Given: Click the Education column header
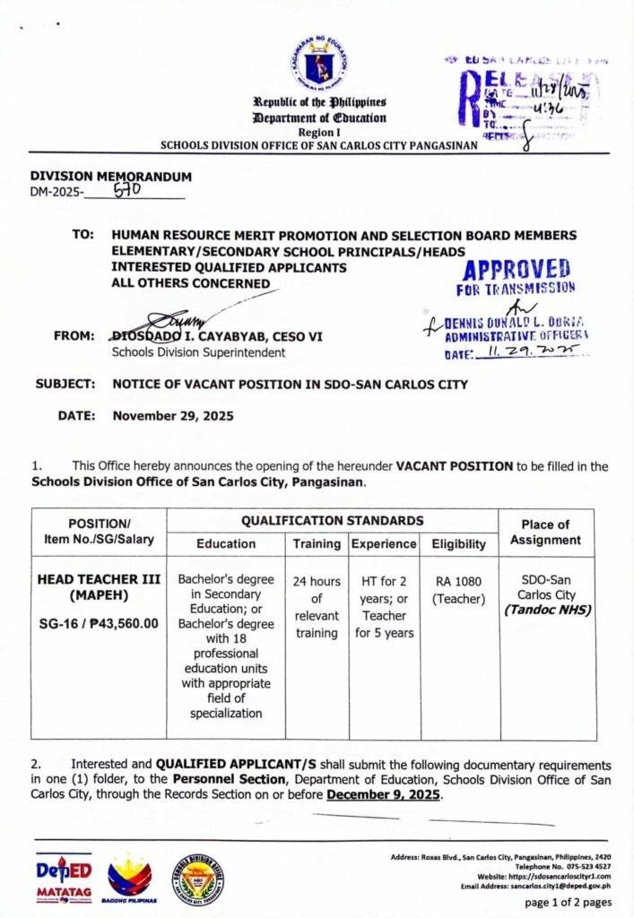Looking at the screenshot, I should (226, 543).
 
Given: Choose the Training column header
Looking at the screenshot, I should (317, 543).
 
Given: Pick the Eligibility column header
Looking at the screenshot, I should (458, 543).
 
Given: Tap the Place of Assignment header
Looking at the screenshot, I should (544, 532).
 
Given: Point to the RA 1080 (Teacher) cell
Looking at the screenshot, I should (458, 590).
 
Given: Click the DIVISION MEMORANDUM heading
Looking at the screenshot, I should (111, 177).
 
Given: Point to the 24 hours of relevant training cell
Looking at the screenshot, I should (317, 607).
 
